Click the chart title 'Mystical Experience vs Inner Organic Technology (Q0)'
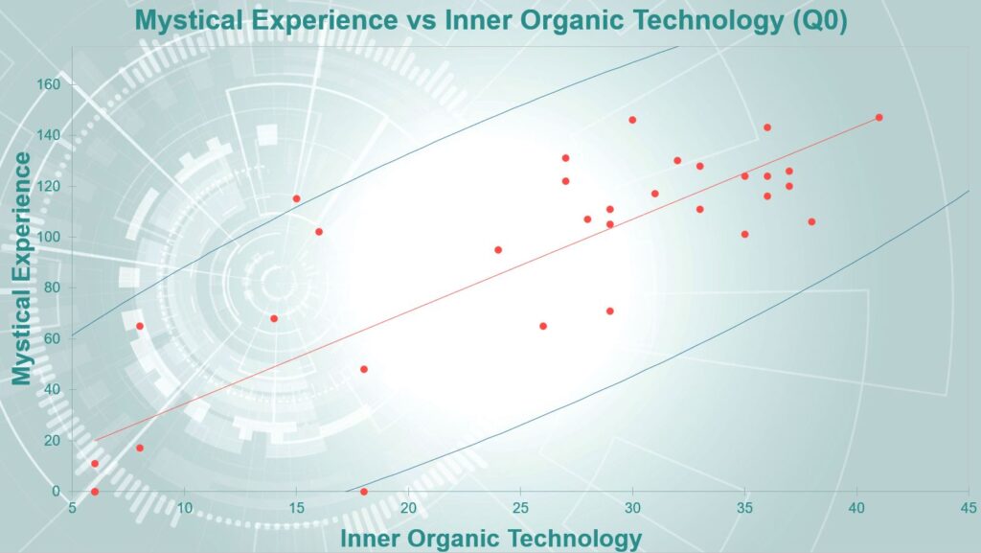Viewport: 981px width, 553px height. click(x=491, y=20)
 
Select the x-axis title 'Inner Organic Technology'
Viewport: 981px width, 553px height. click(x=491, y=539)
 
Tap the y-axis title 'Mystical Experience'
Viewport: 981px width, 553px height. click(x=21, y=269)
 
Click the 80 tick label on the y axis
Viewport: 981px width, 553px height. click(x=54, y=288)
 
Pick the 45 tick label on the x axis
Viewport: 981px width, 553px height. click(x=968, y=507)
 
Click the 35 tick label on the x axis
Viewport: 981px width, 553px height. click(x=743, y=507)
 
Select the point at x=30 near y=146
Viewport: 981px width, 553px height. click(x=632, y=120)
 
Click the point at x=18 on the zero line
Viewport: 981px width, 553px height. click(x=363, y=492)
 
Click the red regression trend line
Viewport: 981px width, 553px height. click(x=487, y=279)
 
